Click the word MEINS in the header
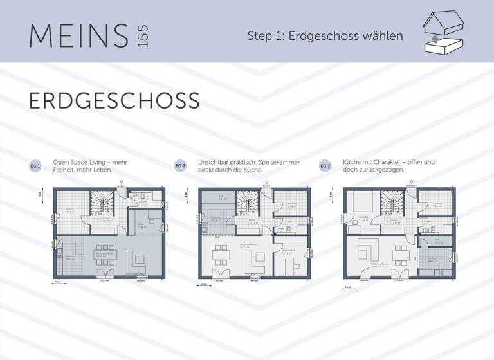(x=78, y=35)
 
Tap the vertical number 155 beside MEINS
(x=142, y=35)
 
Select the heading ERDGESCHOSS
(x=114, y=100)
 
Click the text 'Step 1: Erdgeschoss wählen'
(x=325, y=36)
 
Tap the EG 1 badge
(x=35, y=166)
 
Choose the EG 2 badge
(x=180, y=166)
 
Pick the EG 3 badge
(x=325, y=166)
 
